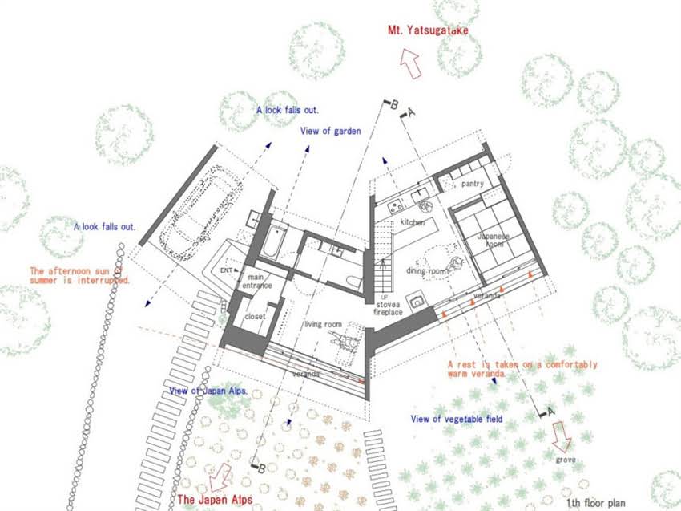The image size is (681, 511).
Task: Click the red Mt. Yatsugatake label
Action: [x=428, y=30]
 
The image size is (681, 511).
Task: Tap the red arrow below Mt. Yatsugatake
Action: [x=410, y=63]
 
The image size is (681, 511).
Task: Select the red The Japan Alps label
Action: [x=215, y=500]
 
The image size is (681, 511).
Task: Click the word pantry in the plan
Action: [x=473, y=184]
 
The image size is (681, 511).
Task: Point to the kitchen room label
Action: [x=412, y=222]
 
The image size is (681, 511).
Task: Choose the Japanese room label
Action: [x=493, y=240]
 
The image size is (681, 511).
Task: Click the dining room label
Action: [x=426, y=271]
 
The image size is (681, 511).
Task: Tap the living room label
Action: [x=323, y=324]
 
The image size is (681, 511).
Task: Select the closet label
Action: [x=255, y=317]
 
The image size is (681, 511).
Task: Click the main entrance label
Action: [x=256, y=282]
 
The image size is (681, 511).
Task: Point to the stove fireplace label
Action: [x=388, y=308]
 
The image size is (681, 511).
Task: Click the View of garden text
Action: [x=331, y=131]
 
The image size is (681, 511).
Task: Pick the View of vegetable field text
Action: [x=457, y=420]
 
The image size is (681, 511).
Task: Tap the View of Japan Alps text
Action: [x=208, y=391]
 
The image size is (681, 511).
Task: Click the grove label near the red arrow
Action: [x=566, y=460]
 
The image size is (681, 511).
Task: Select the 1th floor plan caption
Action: [x=595, y=503]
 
